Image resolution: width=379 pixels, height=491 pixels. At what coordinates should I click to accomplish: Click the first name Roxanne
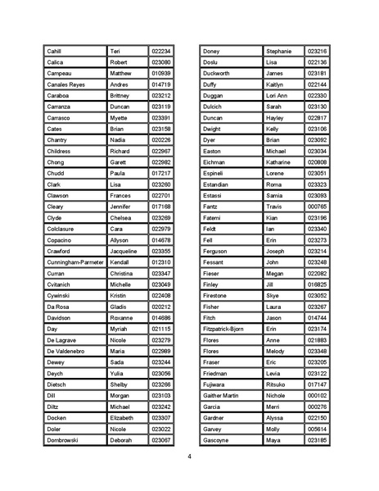tap(124, 317)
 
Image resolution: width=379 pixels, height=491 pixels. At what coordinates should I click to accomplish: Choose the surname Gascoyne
tap(217, 440)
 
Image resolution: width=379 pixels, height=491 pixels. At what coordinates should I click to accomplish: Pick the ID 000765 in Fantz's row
tap(317, 207)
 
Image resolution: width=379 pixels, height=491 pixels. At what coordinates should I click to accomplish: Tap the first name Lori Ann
tap(278, 96)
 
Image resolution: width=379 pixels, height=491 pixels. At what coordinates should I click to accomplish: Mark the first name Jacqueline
tap(126, 251)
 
